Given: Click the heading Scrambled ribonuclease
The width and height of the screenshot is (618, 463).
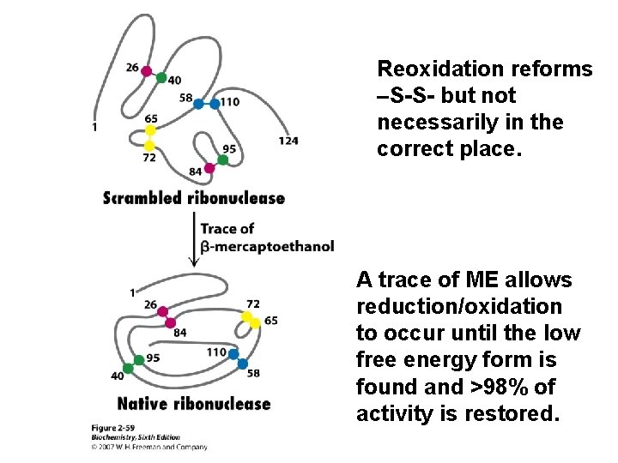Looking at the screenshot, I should pos(193,198).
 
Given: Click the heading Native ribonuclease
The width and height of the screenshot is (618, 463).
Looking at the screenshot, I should pos(193,404).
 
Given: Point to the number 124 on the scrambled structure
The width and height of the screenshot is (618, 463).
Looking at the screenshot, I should pos(288,140).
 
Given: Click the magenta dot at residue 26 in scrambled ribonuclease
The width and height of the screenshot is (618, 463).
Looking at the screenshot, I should pos(147,71).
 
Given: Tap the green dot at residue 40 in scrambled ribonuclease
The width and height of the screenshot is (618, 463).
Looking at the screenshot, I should pos(161,78).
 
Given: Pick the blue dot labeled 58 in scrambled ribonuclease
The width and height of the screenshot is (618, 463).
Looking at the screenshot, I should pos(199,104).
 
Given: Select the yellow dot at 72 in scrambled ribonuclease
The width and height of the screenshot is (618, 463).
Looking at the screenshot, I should pos(150,146).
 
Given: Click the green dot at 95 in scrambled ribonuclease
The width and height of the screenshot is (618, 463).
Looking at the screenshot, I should pos(223,159).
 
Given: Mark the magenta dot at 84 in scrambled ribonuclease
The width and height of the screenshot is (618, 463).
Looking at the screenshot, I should pos(209,168).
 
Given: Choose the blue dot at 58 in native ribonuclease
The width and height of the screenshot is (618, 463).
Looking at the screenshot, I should pos(243,364).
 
